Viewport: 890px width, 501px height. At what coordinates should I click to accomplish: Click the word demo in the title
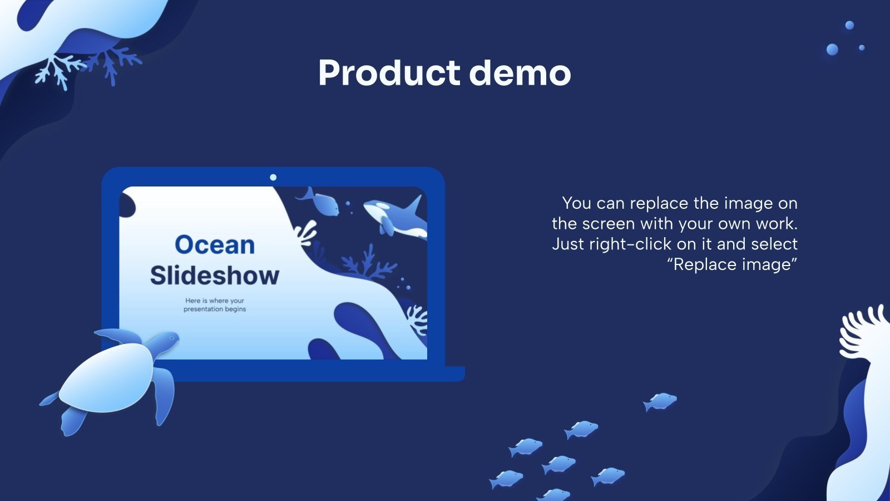(520, 73)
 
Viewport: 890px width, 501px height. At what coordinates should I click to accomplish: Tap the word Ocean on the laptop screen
(215, 245)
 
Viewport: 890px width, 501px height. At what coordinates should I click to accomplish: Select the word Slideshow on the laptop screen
(215, 276)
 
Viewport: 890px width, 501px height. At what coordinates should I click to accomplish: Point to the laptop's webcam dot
(273, 178)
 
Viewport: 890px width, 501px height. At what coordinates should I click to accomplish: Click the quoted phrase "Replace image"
(732, 264)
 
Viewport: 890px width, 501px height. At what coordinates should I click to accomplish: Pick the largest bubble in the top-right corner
(832, 50)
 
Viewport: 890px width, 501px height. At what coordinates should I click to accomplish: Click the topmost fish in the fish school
(661, 400)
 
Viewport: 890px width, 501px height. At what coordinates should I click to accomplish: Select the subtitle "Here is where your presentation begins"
(215, 304)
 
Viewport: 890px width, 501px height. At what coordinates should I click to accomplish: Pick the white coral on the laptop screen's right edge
(417, 320)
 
